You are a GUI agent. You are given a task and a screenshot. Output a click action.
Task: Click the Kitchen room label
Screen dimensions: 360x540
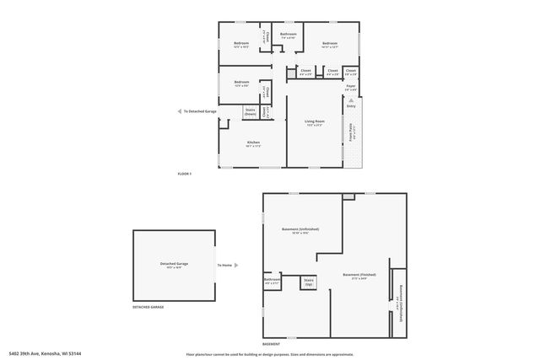click(253, 142)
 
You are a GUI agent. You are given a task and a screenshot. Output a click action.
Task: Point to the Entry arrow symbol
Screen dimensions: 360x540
click(350, 100)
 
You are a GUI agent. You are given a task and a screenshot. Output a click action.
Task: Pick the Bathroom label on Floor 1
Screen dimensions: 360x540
click(289, 35)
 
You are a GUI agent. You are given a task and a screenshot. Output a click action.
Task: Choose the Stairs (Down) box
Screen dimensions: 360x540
click(250, 111)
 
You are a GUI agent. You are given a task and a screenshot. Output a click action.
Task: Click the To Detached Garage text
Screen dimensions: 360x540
click(200, 110)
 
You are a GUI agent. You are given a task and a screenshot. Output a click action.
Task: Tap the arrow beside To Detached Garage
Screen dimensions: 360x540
click(178, 110)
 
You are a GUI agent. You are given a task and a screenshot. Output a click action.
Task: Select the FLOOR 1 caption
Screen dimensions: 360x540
click(185, 174)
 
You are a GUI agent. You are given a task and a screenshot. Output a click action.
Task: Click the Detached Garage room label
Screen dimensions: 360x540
click(174, 265)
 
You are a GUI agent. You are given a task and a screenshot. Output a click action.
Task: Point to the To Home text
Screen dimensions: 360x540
click(224, 265)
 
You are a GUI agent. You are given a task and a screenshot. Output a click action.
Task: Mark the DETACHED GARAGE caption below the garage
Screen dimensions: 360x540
click(148, 307)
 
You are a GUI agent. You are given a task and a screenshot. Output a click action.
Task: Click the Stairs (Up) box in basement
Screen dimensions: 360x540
click(309, 282)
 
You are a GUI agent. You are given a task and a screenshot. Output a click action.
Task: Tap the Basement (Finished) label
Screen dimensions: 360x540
click(360, 276)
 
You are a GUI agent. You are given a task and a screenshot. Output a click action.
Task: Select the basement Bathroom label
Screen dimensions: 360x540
click(272, 280)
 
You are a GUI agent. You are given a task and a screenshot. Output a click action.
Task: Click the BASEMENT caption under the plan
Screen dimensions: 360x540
click(272, 344)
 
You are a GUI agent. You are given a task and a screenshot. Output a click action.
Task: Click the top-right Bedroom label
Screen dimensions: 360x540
click(330, 44)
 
